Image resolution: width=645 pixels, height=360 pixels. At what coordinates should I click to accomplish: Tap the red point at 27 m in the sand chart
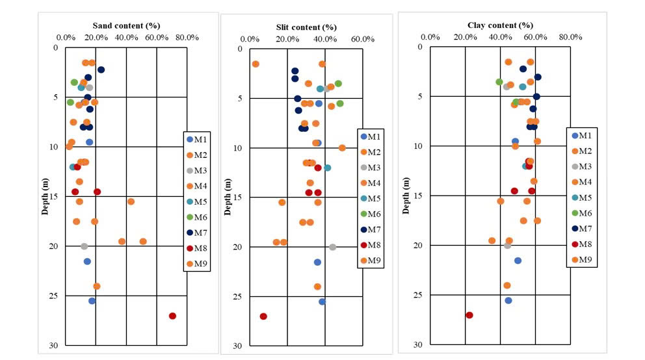pyautogui.click(x=172, y=316)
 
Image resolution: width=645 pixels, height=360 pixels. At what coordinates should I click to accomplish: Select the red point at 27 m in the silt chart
pyautogui.click(x=263, y=316)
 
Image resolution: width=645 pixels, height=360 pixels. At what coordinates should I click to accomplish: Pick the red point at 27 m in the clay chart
pyautogui.click(x=469, y=315)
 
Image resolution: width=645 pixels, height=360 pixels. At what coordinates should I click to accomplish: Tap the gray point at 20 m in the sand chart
pyautogui.click(x=84, y=246)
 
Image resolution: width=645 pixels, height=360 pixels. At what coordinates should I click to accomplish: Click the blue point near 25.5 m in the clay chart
pyautogui.click(x=508, y=300)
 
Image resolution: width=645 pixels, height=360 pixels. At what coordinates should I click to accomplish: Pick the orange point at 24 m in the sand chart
pyautogui.click(x=97, y=286)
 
